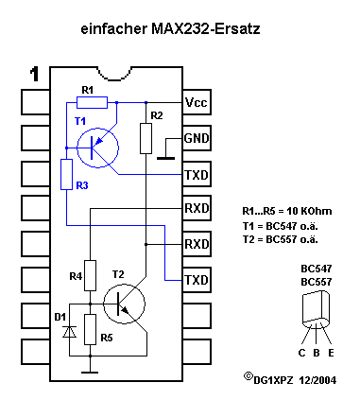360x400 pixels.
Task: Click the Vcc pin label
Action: (x=196, y=101)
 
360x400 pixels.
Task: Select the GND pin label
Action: (x=196, y=138)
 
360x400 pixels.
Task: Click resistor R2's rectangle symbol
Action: (x=146, y=138)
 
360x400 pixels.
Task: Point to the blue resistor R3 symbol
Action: (x=66, y=174)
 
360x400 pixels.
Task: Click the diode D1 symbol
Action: (x=66, y=330)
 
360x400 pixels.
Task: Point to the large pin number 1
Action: (x=35, y=74)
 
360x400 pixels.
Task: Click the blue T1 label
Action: (x=79, y=122)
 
